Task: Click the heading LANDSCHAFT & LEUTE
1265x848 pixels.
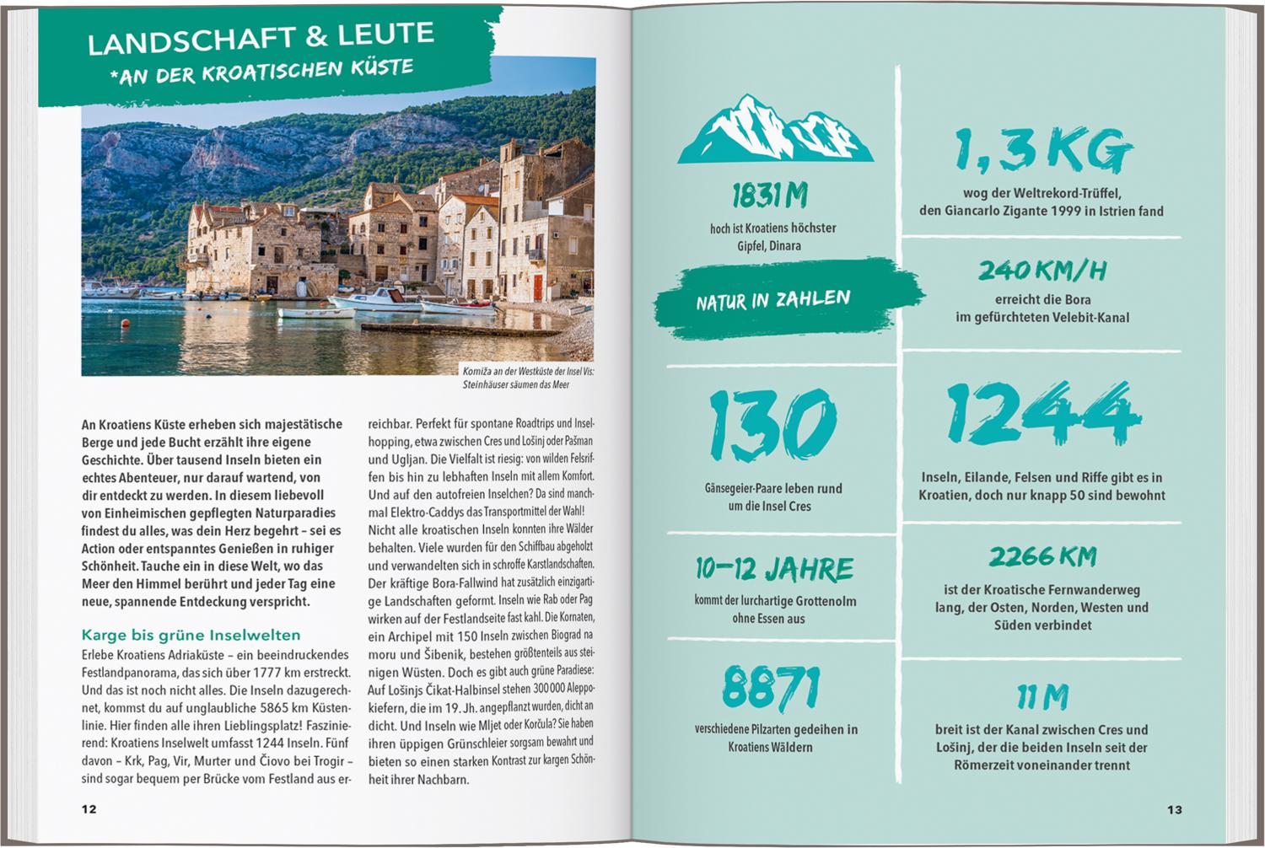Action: (261, 38)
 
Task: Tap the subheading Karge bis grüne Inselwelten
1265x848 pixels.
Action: (191, 635)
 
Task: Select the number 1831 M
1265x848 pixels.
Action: (769, 196)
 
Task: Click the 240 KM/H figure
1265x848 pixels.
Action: (1042, 271)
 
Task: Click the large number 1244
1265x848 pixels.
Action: (1042, 415)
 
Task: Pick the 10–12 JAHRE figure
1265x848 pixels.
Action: (774, 570)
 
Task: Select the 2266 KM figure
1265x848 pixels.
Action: (1042, 557)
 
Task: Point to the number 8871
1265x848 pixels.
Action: (771, 687)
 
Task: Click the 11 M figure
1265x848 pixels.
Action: (1042, 698)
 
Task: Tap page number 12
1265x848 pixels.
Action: (89, 809)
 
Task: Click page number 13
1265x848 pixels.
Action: (1174, 809)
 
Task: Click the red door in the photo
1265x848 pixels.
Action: (537, 287)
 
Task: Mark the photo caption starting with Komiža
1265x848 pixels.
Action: (527, 378)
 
